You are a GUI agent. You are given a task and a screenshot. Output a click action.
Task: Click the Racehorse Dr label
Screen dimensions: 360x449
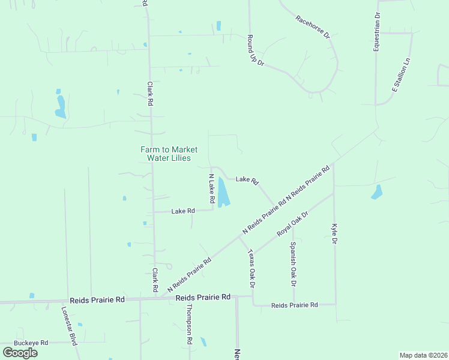point(313,27)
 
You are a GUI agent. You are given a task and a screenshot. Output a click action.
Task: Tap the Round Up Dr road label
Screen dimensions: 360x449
point(256,50)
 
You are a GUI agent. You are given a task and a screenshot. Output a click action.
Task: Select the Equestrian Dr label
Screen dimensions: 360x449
point(376,31)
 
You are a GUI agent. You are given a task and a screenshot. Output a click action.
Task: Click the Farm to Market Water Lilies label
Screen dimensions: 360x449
point(169,154)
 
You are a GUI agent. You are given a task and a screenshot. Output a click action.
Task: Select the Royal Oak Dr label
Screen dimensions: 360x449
point(292,223)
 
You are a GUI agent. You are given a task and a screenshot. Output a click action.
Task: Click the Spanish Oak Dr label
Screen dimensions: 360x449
point(292,263)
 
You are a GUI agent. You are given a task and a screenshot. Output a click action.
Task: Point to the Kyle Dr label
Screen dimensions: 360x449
point(334,234)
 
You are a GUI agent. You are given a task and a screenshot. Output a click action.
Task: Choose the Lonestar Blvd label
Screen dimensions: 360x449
point(70,326)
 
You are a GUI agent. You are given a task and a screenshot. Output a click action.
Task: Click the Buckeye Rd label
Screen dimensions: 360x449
point(31,343)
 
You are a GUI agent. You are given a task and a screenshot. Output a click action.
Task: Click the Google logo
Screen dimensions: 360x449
point(20,352)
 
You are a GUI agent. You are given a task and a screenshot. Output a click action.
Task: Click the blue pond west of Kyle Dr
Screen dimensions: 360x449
point(378,192)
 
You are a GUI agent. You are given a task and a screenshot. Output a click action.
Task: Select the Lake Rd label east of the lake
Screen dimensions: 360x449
point(247,179)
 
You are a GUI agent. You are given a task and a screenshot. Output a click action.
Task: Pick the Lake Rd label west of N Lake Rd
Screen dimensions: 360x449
point(183,211)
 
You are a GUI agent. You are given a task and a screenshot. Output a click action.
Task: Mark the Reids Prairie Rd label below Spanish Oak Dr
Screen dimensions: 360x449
point(294,305)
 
